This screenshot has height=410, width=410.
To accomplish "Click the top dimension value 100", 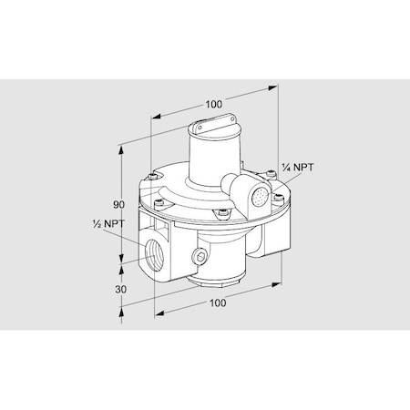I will point(213,104).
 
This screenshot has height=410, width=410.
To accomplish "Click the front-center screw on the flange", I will point(220,215).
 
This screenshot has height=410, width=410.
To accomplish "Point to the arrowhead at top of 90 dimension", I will point(121,146).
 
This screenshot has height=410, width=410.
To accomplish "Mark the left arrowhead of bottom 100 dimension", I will point(154,313).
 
